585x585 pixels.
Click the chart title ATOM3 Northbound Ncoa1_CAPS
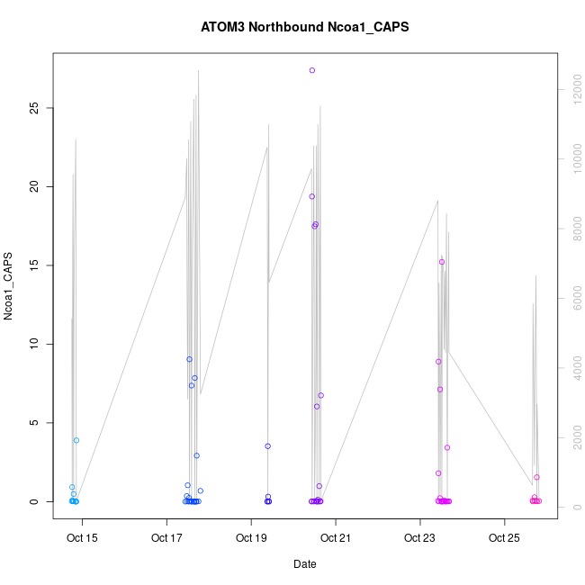[304, 27]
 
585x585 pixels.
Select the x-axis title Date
[304, 564]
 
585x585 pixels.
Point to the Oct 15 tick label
[82, 539]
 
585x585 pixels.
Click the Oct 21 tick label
[336, 539]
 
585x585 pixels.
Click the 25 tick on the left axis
[36, 107]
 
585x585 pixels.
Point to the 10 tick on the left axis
[36, 344]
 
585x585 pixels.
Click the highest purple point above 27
[312, 70]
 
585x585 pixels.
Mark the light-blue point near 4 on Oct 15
[76, 440]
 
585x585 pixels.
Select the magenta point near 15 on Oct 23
[442, 262]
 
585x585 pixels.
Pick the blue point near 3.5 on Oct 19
[267, 446]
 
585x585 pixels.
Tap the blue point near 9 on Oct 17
[190, 359]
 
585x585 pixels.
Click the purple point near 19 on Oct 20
[312, 196]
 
